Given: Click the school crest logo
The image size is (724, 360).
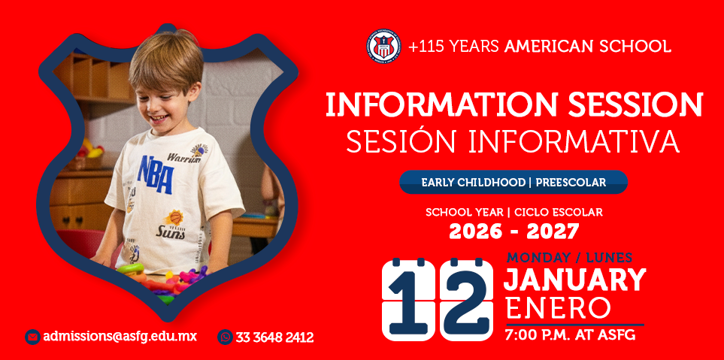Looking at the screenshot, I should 383,46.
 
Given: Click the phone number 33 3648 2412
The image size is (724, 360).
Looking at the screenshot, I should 274,337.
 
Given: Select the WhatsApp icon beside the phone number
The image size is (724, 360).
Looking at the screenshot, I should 225,337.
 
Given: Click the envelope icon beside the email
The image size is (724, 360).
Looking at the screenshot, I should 32,337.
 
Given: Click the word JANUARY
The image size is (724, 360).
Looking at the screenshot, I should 574,280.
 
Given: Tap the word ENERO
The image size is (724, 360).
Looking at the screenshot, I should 558,308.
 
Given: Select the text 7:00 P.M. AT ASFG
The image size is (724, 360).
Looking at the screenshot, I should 570,334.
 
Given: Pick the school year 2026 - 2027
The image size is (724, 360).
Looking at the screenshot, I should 513,231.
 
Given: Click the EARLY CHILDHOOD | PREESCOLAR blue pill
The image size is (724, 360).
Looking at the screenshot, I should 513,182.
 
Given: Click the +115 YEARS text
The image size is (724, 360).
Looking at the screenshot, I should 453,46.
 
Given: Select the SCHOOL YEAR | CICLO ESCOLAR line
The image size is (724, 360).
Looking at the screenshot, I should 513,213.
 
